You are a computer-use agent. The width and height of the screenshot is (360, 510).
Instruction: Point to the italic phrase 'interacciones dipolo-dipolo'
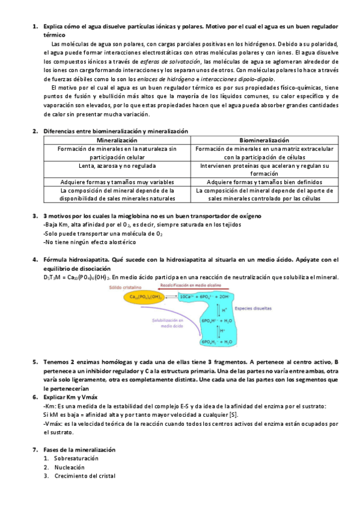tap(239, 79)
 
